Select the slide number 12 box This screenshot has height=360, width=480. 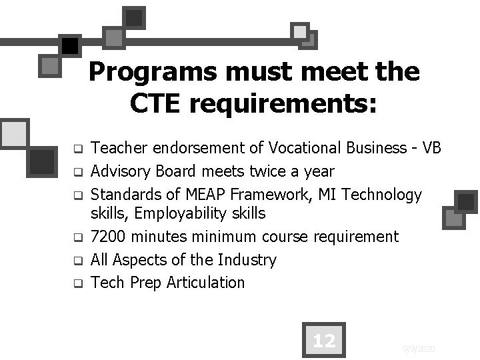(x=323, y=341)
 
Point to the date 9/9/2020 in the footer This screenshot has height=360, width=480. (x=419, y=349)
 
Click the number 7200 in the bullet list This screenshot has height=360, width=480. (x=109, y=237)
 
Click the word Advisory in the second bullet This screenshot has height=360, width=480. (x=121, y=172)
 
